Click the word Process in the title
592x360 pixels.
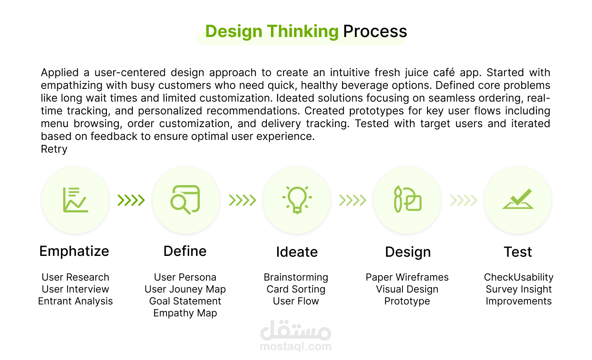(x=375, y=32)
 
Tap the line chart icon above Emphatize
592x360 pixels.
(x=75, y=200)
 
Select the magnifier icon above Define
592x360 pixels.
(x=185, y=200)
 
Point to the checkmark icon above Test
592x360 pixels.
(x=518, y=199)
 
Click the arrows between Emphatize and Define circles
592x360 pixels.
(x=131, y=200)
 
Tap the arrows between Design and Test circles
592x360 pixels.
(x=464, y=200)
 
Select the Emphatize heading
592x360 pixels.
(x=74, y=251)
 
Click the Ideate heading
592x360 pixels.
(x=297, y=252)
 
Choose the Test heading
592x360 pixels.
(x=518, y=252)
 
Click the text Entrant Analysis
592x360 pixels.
(x=75, y=301)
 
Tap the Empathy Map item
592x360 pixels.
(x=185, y=313)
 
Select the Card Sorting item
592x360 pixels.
(x=296, y=289)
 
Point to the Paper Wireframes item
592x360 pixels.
(x=407, y=277)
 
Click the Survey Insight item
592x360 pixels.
(x=518, y=289)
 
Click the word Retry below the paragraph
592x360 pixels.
(x=54, y=149)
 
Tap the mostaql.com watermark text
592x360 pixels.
(x=296, y=346)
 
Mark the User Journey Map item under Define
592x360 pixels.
(x=185, y=289)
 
